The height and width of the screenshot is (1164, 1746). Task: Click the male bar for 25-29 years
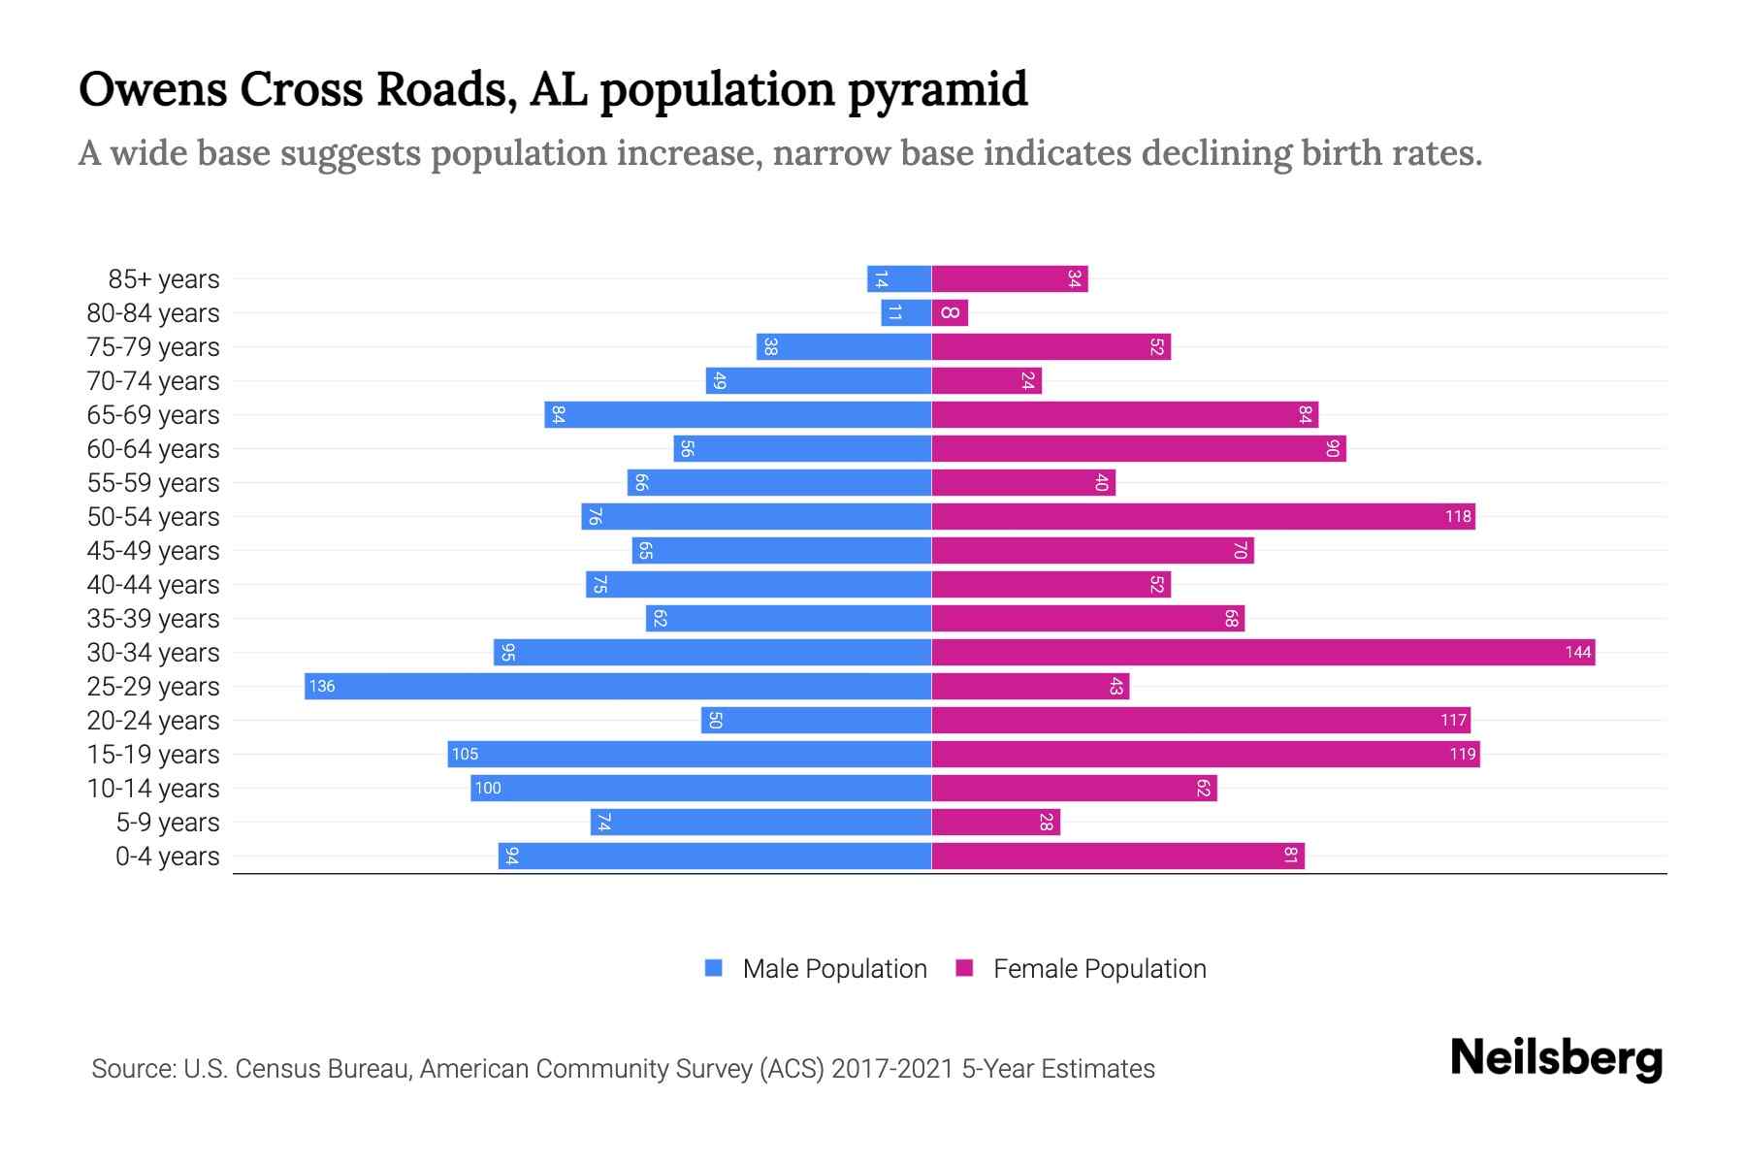pos(618,686)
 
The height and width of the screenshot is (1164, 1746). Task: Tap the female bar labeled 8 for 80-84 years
pos(950,312)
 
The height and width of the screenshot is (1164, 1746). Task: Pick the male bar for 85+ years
pos(899,278)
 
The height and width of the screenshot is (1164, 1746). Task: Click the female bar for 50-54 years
pos(1203,516)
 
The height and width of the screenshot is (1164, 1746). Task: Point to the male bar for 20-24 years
pos(816,720)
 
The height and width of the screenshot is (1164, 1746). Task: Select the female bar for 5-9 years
pos(995,822)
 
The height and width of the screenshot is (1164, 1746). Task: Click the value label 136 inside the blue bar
pos(322,686)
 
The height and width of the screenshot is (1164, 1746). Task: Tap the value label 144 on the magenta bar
pos(1577,652)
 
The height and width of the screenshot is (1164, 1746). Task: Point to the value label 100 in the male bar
pos(488,788)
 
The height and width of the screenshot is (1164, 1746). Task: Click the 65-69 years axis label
pos(153,415)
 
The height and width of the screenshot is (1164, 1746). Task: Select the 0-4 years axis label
pos(167,857)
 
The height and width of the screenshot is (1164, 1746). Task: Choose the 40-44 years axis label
pos(153,585)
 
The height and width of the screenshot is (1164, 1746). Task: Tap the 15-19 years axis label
pos(153,755)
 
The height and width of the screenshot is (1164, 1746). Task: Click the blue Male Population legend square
pos(714,968)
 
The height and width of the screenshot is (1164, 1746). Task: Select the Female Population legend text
pos(1099,969)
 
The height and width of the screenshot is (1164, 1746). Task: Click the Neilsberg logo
pos(1556,1058)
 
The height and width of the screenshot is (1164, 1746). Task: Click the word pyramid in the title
pos(937,89)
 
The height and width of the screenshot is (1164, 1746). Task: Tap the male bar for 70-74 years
pos(818,380)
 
